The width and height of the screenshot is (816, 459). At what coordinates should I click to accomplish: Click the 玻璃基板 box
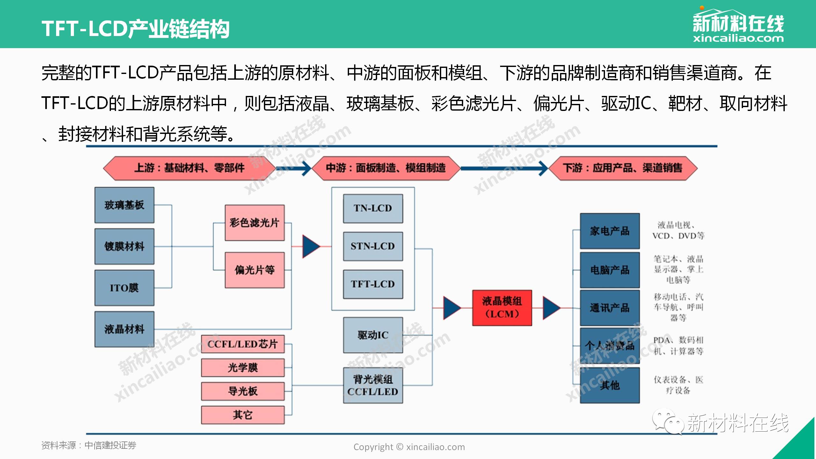(124, 205)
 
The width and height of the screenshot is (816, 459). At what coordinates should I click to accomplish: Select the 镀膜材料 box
(124, 246)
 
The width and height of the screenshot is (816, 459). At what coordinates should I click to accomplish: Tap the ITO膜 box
(124, 288)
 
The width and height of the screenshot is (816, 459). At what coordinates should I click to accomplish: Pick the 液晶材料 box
(124, 329)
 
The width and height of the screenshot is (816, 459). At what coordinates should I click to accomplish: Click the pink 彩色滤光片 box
(255, 223)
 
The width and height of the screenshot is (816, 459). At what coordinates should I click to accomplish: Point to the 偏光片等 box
(255, 270)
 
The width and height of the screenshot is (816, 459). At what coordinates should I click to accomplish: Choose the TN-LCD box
(373, 208)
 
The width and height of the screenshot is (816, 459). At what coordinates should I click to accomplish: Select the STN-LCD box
(373, 246)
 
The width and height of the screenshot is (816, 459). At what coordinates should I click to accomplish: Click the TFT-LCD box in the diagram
(373, 284)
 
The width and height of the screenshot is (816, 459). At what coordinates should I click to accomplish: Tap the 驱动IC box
(373, 335)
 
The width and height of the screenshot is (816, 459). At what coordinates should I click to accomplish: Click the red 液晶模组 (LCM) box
(502, 308)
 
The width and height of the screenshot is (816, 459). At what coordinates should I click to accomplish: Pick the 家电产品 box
(610, 231)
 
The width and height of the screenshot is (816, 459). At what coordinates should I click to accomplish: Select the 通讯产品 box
(610, 308)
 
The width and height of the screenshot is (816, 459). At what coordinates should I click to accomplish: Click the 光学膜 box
(243, 368)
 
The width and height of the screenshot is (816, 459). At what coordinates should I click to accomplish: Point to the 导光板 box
(243, 391)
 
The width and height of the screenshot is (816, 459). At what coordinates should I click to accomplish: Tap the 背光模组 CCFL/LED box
(373, 386)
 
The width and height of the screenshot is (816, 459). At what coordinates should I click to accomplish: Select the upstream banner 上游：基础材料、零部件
(189, 168)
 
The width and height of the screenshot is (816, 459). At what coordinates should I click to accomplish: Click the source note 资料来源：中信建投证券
(89, 445)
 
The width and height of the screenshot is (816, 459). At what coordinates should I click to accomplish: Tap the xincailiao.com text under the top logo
(738, 39)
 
